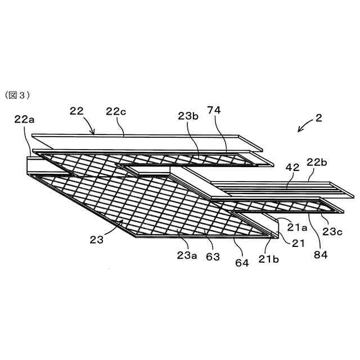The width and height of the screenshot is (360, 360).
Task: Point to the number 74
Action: click(x=215, y=110)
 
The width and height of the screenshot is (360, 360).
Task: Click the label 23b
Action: click(x=188, y=116)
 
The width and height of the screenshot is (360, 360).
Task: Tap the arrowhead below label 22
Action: click(x=93, y=133)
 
